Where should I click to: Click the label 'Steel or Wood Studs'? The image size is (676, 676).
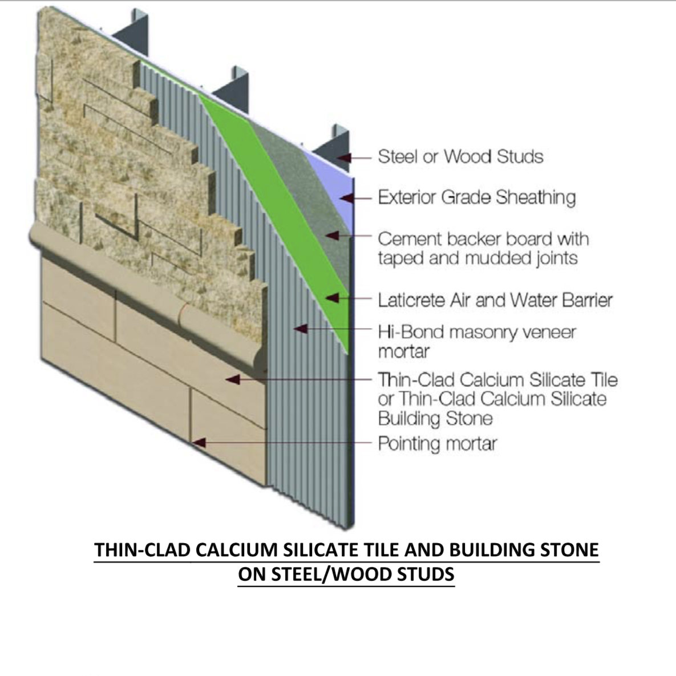tap(460, 156)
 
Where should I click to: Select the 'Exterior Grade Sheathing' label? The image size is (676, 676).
tap(476, 197)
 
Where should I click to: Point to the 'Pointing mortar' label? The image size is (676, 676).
tap(437, 444)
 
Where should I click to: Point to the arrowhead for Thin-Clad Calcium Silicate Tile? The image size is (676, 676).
tap(233, 378)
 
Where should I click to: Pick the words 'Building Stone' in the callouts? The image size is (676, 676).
tap(435, 419)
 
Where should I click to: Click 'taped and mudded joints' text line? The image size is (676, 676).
tap(477, 258)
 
